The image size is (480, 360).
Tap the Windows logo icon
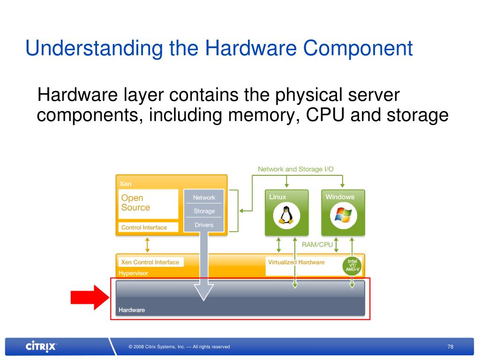[344, 215]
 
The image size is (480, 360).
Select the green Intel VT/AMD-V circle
[352, 266]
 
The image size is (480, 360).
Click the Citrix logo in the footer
[41, 347]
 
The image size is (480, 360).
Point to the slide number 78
[450, 347]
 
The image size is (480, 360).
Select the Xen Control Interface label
[150, 262]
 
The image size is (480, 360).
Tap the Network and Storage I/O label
[296, 169]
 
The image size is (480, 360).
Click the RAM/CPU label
[317, 244]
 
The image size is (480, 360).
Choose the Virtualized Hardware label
[296, 262]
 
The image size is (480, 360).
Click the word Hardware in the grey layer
[132, 310]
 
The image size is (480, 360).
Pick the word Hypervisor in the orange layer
[133, 273]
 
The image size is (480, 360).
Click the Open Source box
[148, 203]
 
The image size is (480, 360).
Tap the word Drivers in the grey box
[204, 225]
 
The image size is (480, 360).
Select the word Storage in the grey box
[204, 211]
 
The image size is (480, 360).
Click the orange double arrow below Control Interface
[147, 244]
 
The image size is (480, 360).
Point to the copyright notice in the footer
[179, 347]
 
